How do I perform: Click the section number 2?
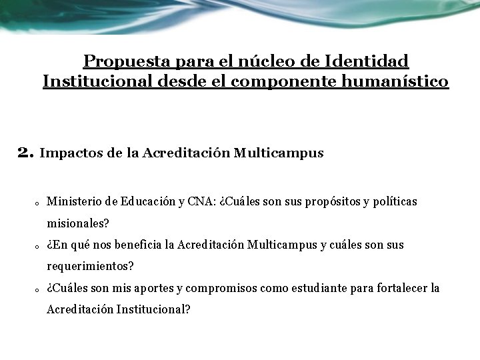pyautogui.click(x=25, y=153)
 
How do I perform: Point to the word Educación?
pyautogui.click(x=148, y=201)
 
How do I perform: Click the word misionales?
pyautogui.click(x=77, y=223)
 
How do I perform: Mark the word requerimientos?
pyautogui.click(x=90, y=267)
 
